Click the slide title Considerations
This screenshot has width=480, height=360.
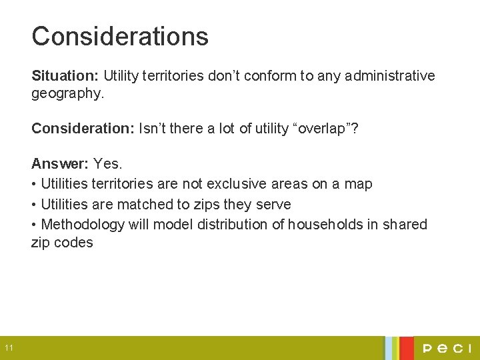(x=120, y=36)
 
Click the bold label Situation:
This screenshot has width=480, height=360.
(x=65, y=76)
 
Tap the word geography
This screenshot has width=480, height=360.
(x=67, y=94)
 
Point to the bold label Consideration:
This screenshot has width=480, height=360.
(x=83, y=128)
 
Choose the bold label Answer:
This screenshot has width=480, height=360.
(x=60, y=163)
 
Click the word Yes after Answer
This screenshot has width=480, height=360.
(x=108, y=163)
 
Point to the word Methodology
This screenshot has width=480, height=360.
(x=83, y=224)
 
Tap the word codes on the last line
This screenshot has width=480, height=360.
(x=73, y=243)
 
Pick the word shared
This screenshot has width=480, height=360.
(x=405, y=224)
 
